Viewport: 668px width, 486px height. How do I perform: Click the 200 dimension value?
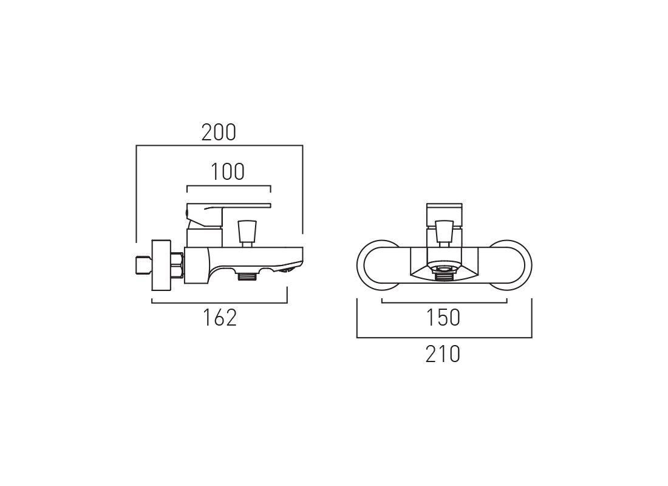click(x=219, y=132)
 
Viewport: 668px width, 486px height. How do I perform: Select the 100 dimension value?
click(x=228, y=172)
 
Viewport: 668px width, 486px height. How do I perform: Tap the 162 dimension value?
click(x=219, y=317)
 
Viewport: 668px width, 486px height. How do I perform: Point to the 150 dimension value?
click(x=443, y=317)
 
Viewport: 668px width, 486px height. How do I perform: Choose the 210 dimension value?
click(x=443, y=354)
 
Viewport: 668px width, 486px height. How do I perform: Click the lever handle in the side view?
click(x=228, y=208)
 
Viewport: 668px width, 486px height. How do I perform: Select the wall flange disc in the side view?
click(x=161, y=265)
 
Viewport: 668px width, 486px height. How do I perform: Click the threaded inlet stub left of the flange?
click(x=142, y=265)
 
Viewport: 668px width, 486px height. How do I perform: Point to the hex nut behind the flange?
click(x=177, y=265)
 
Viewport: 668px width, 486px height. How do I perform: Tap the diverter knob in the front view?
click(x=443, y=231)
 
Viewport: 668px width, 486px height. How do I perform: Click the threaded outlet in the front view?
click(x=444, y=275)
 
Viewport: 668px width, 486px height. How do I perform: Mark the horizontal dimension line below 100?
click(x=228, y=185)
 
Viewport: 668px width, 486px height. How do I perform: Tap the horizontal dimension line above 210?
click(x=444, y=337)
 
